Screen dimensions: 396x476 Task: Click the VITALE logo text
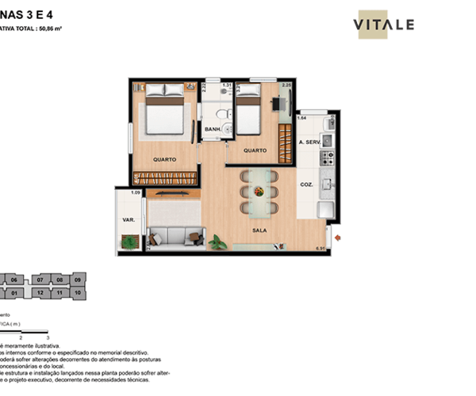coord(386,25)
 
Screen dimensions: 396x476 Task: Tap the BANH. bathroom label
coord(213,130)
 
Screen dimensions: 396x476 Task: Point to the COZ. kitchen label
coord(307,185)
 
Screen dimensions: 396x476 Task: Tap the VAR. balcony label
coord(128,219)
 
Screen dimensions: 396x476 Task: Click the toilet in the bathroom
coord(226,110)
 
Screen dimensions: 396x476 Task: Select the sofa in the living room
coord(175,237)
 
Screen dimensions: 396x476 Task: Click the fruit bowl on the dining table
coord(258,190)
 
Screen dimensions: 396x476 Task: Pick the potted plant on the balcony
coord(126,242)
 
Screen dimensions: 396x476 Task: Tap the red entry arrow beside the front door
coord(339,236)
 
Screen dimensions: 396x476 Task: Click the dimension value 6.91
coord(321,250)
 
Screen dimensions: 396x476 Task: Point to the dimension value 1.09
coord(135,193)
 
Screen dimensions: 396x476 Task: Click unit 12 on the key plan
coord(40,292)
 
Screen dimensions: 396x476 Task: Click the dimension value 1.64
coord(301,118)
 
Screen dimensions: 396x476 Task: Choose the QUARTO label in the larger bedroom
coord(165,159)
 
